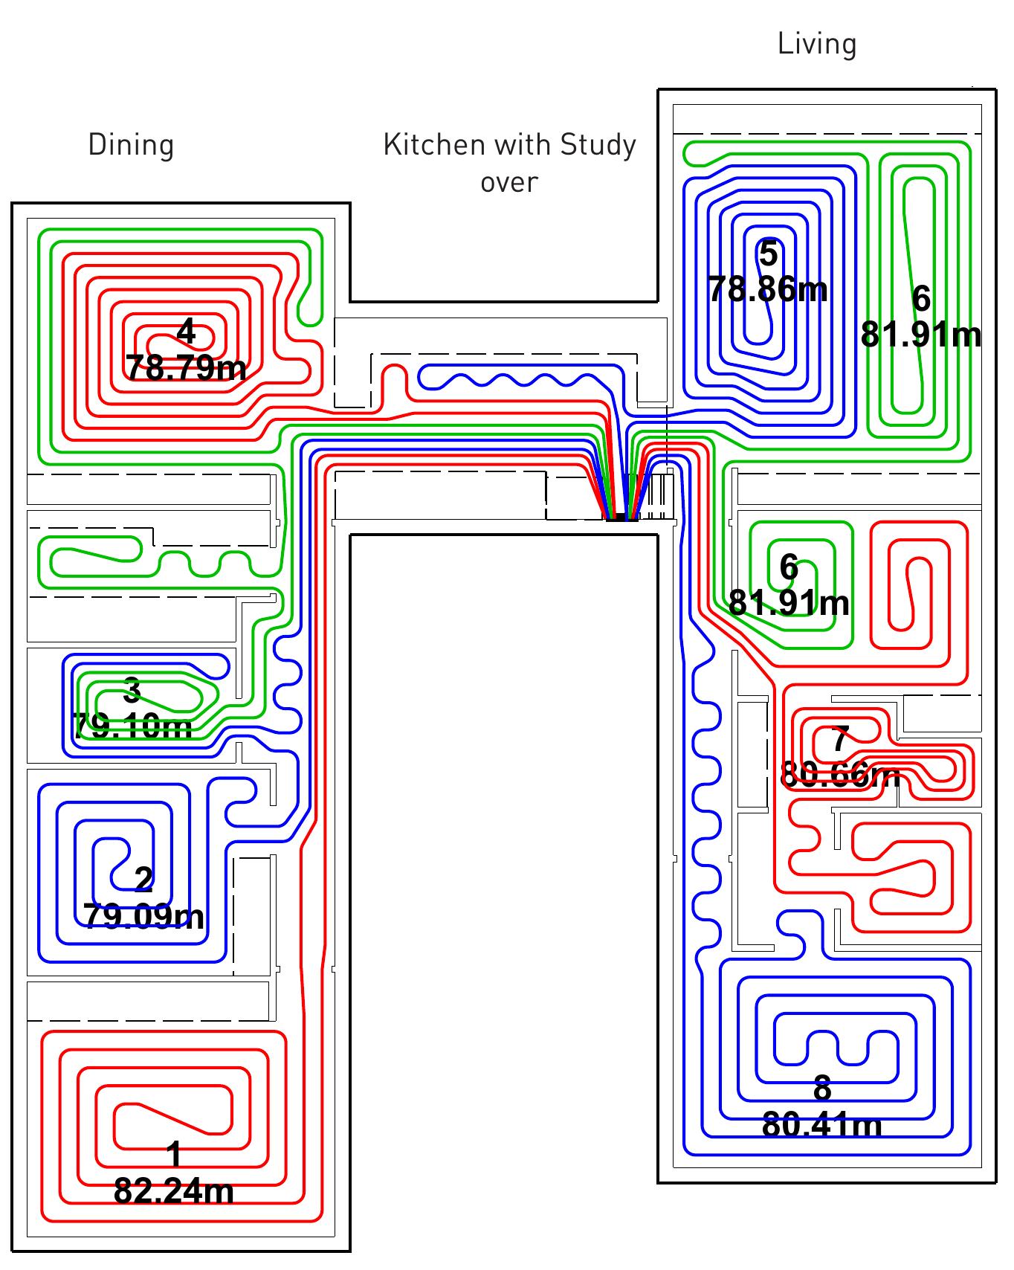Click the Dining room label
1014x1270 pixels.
tap(131, 144)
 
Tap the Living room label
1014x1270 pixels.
tap(817, 44)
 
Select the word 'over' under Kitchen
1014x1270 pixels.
tap(509, 181)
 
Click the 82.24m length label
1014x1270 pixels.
tap(174, 1191)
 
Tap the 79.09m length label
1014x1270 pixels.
tap(144, 916)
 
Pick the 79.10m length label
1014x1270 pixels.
tap(132, 725)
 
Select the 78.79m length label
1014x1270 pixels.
tap(186, 367)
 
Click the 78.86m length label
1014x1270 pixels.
tap(768, 289)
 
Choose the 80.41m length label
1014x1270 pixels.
tap(822, 1125)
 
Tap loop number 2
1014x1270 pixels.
tap(144, 880)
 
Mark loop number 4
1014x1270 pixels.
tap(186, 332)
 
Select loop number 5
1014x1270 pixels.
tap(768, 254)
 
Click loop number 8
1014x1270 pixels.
tap(822, 1089)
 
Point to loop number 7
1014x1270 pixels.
tap(840, 741)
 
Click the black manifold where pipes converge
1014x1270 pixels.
tap(621, 518)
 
